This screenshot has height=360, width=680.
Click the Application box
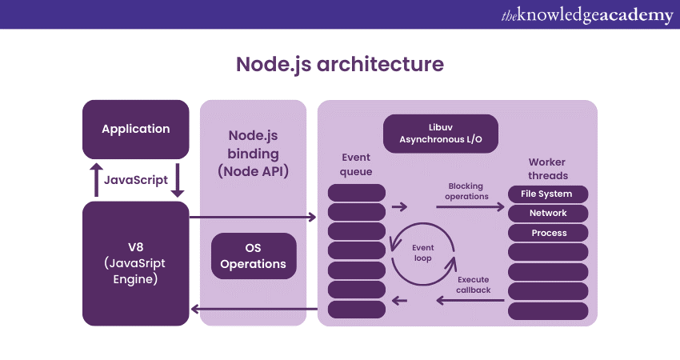tap(136, 129)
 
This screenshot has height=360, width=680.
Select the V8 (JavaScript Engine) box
tap(136, 263)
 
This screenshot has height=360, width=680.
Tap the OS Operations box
tap(253, 256)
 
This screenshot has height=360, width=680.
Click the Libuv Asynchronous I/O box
tap(440, 134)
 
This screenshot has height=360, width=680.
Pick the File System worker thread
tap(548, 194)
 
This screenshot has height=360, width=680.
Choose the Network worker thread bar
tap(548, 214)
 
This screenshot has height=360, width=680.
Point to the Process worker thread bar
tap(548, 233)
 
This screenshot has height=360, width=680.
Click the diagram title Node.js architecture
tap(339, 64)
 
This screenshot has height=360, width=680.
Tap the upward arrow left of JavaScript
tap(94, 179)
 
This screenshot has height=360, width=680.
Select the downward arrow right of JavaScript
tap(178, 179)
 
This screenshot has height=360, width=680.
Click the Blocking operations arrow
tap(470, 206)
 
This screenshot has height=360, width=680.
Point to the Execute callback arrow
tap(470, 301)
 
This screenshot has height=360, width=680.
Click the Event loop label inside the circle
tap(422, 253)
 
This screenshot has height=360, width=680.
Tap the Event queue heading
tap(356, 164)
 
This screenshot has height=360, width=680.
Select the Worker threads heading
tap(548, 169)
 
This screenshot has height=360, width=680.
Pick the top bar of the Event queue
tap(357, 193)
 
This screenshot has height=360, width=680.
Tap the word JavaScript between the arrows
tap(136, 180)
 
